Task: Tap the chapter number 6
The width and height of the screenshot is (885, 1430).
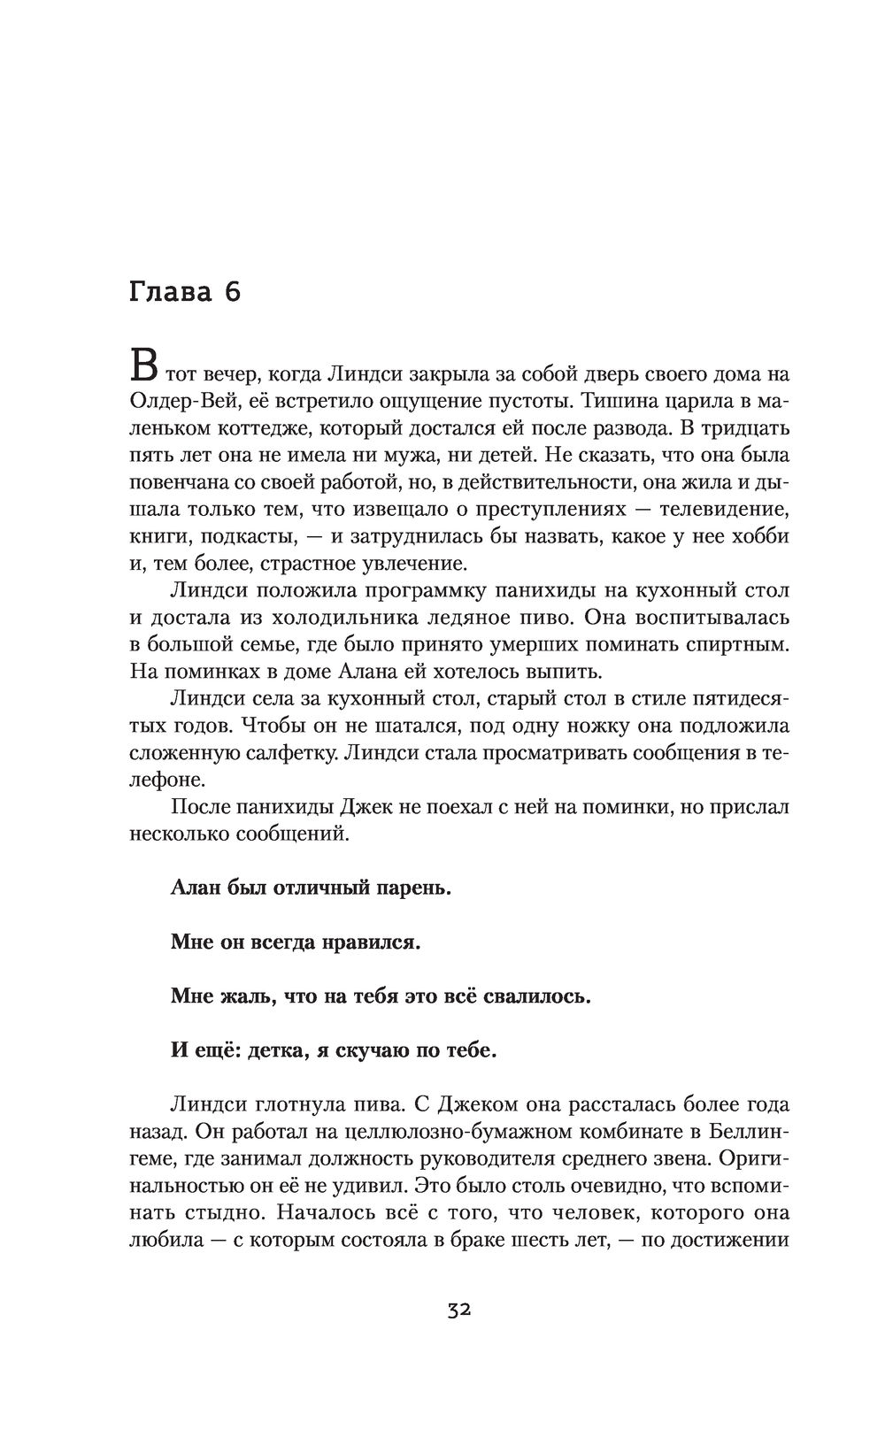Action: [x=232, y=292]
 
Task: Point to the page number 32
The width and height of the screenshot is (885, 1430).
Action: [x=458, y=1311]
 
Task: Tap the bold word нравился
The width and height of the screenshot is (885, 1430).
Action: [x=369, y=942]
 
